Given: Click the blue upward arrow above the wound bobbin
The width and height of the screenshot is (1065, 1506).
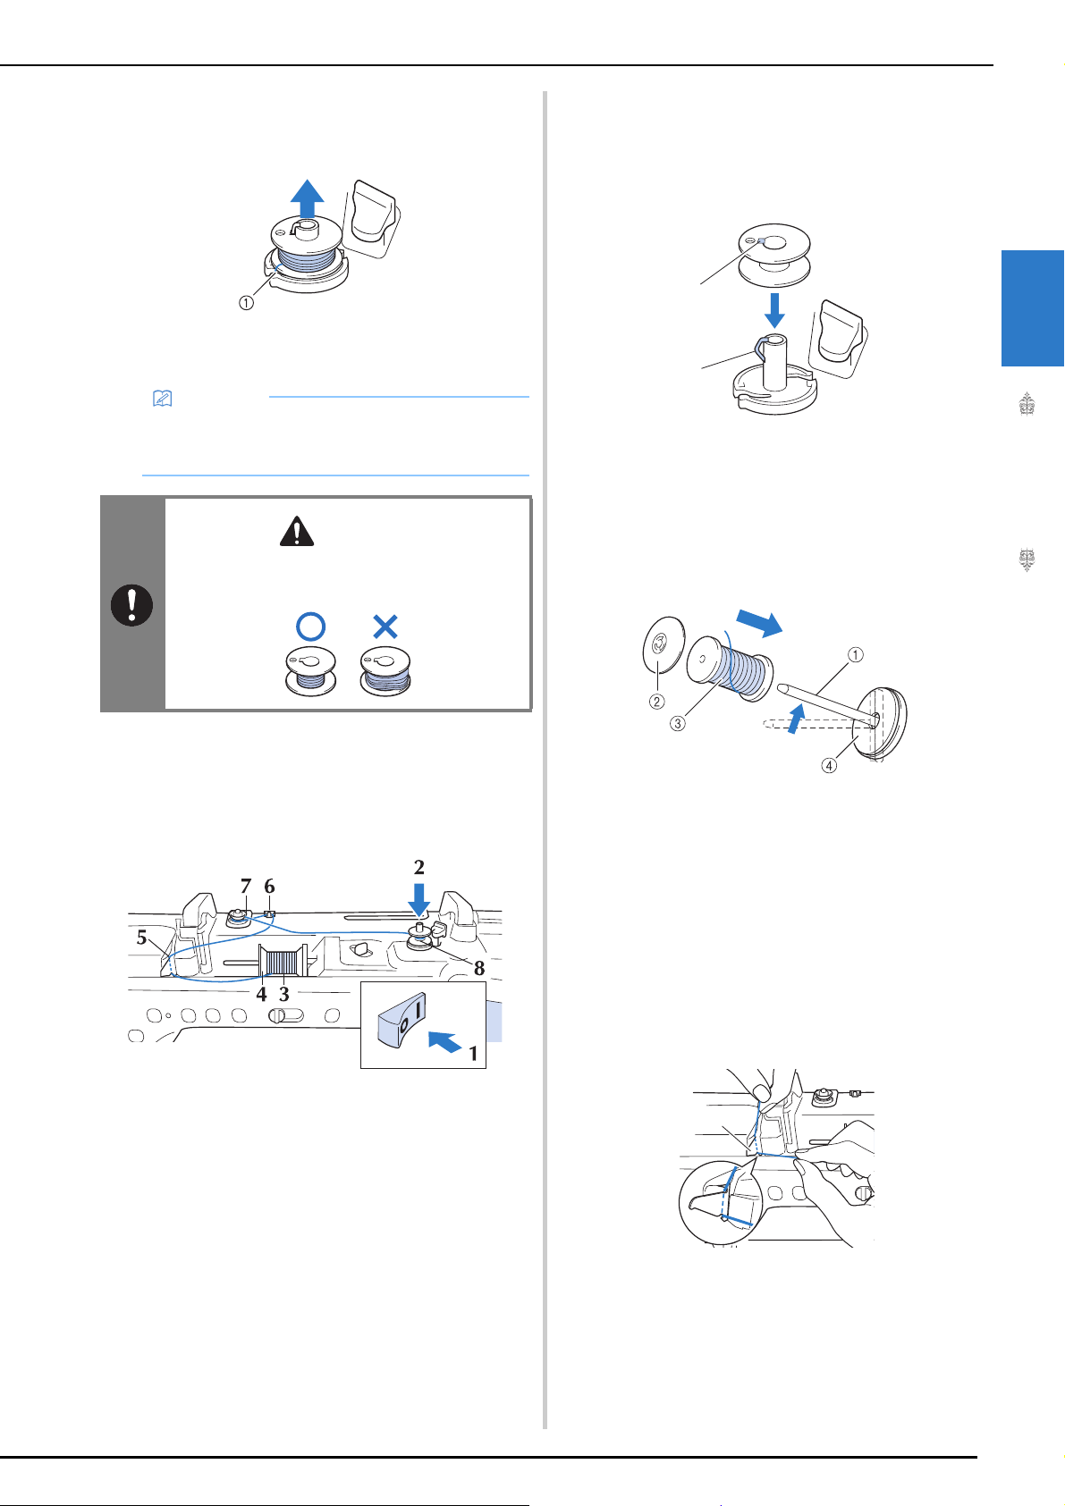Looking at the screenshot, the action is (307, 198).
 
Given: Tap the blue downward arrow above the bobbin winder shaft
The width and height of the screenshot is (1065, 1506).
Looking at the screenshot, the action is (774, 310).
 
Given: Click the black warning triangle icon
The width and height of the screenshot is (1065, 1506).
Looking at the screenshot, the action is (297, 531).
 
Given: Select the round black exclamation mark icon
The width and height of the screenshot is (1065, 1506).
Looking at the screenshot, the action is (131, 605).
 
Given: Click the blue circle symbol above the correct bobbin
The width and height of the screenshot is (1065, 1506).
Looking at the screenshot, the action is (311, 627).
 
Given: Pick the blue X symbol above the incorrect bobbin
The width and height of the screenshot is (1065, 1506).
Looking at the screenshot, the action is (385, 627).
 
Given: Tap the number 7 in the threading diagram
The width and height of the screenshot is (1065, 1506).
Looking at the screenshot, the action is (246, 887).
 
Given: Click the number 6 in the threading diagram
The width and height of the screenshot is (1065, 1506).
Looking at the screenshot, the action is (270, 887).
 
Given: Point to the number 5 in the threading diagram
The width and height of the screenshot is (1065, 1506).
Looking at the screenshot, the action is (141, 938).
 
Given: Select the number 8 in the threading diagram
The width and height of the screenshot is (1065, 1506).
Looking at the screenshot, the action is (479, 969).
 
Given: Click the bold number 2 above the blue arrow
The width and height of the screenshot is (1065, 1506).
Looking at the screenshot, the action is (419, 867).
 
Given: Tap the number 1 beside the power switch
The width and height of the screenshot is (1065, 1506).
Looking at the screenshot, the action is (473, 1054).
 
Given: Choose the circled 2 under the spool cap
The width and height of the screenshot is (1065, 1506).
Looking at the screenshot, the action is (656, 702).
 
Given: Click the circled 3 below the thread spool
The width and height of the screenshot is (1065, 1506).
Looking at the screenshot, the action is (678, 723).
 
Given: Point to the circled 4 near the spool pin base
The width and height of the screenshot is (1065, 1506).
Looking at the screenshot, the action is (829, 765).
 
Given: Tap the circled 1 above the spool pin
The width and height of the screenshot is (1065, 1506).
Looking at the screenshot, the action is (855, 654).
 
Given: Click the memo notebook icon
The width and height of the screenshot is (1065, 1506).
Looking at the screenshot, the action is (162, 399).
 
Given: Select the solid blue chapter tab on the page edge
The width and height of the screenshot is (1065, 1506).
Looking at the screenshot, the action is (1033, 308).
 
